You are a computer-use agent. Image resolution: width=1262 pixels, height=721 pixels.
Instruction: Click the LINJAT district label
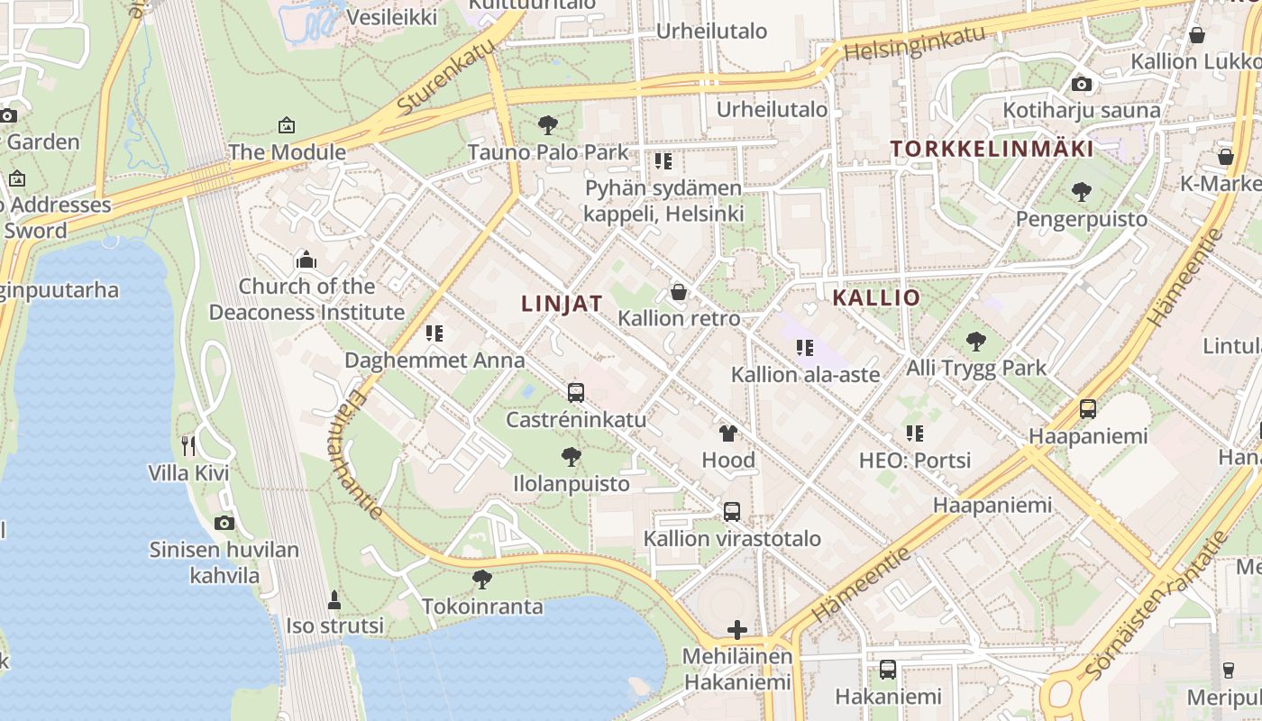coord(562,304)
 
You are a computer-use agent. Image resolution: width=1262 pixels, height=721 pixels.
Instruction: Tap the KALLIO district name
coord(876,298)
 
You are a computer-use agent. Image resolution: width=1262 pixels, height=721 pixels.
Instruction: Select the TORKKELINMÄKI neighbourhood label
coord(992,150)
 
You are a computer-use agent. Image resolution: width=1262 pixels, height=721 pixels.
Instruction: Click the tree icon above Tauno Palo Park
coord(547,125)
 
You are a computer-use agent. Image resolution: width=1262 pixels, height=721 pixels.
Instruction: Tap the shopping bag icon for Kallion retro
coord(679,292)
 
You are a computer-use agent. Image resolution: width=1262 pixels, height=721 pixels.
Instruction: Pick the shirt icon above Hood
coord(728,434)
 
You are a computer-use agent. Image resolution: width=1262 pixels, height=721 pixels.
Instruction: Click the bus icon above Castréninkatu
coord(576,393)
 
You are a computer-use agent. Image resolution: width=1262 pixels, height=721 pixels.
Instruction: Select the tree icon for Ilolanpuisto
coord(571,457)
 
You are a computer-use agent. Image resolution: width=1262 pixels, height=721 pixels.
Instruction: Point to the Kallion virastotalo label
coord(732,539)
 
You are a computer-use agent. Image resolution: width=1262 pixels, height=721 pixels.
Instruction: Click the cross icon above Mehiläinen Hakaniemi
coord(737,630)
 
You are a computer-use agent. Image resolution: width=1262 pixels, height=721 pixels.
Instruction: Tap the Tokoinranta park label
coord(482,607)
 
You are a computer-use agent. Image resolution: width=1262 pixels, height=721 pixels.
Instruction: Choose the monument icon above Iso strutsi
coord(334,599)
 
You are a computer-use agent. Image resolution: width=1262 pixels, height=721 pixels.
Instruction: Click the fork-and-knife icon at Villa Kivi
coord(188,445)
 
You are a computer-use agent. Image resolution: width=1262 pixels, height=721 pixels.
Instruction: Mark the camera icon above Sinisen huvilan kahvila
coord(224,523)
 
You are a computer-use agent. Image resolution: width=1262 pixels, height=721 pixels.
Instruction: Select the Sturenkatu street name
coord(446,78)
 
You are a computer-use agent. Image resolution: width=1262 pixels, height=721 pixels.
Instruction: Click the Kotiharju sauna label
coord(1082,111)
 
